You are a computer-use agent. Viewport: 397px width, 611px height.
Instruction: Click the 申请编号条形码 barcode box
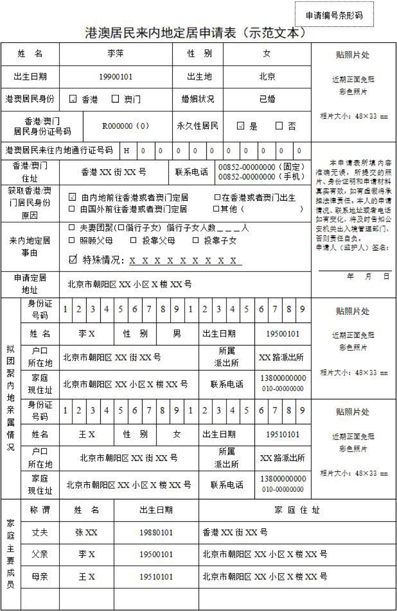(x=334, y=15)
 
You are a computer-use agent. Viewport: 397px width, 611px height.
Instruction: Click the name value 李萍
(x=116, y=54)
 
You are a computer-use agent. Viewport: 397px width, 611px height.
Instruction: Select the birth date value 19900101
(x=116, y=77)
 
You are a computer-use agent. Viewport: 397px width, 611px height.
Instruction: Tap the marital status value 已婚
(x=267, y=99)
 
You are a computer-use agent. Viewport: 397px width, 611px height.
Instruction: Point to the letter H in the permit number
(x=127, y=150)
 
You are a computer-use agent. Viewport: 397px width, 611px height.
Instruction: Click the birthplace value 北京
(x=267, y=77)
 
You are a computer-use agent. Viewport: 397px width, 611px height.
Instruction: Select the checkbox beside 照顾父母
(x=72, y=240)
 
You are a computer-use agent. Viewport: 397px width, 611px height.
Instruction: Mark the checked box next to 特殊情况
(x=72, y=260)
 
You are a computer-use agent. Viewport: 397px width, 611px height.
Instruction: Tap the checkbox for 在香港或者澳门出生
(x=217, y=198)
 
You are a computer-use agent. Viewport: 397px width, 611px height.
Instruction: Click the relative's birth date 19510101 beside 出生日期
(x=283, y=434)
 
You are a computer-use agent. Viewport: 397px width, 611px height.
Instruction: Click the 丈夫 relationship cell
(x=40, y=533)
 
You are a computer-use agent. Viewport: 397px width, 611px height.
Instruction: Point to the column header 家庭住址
(x=297, y=510)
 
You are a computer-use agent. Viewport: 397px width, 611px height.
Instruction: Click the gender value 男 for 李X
(x=177, y=334)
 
